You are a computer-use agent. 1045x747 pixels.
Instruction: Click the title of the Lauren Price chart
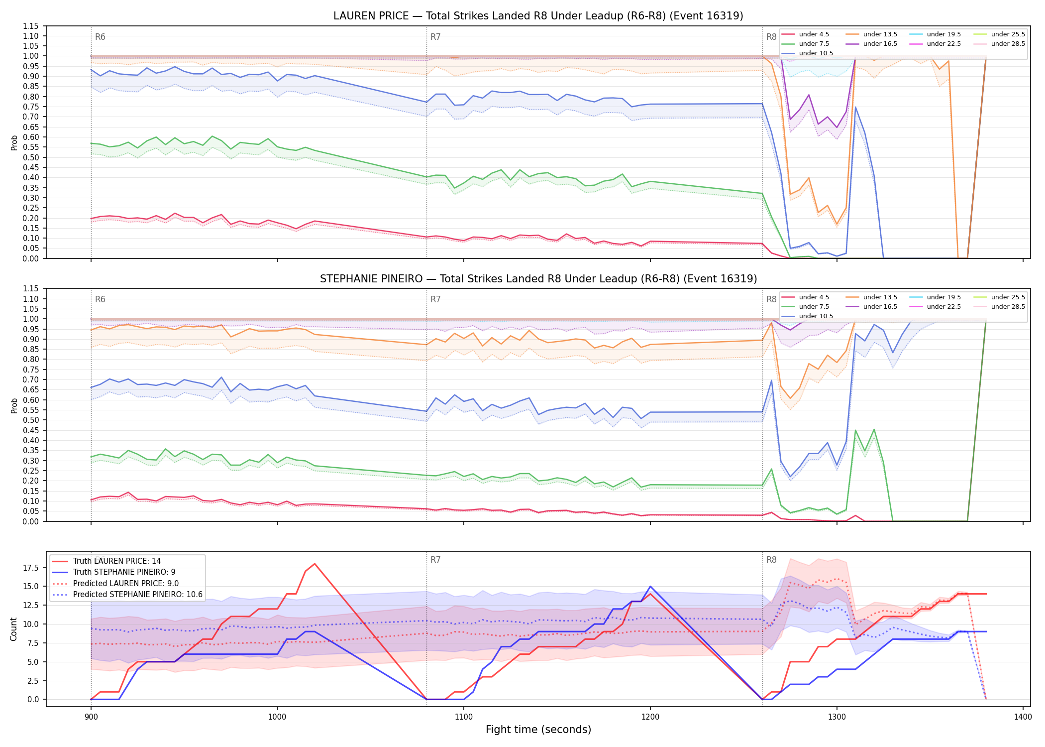click(538, 16)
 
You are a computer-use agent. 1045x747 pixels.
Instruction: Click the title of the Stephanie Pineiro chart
click(538, 279)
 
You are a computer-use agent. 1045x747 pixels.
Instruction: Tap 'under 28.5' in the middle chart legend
click(1008, 307)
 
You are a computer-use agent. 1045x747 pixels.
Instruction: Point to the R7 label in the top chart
click(435, 37)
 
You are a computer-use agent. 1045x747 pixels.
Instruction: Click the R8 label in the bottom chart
click(771, 560)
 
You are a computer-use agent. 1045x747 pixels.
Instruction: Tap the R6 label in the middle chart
click(100, 299)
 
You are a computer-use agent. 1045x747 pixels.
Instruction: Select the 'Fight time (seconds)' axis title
click(538, 730)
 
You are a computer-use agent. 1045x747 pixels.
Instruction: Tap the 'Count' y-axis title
click(13, 629)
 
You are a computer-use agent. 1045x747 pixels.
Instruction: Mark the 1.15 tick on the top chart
click(31, 26)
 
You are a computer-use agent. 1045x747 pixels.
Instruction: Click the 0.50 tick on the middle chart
click(31, 420)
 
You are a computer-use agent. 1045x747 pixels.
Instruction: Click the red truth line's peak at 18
click(314, 564)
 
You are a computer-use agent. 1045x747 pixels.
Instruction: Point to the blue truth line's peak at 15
click(650, 587)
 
